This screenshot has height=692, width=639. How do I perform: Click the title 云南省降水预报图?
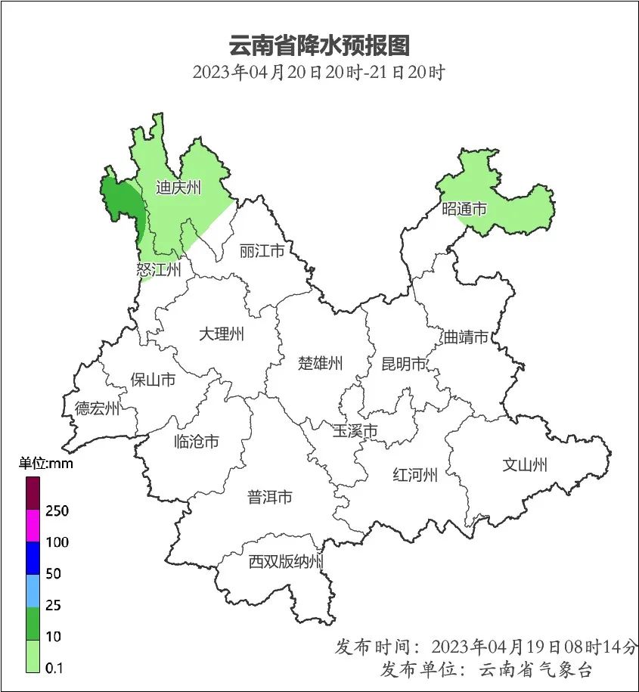(318, 45)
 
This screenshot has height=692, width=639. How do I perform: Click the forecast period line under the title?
(318, 73)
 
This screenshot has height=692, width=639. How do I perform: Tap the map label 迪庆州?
(178, 188)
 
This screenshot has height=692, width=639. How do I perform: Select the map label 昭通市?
(464, 209)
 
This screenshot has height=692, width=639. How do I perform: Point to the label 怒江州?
(159, 270)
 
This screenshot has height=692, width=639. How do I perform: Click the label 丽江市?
(262, 250)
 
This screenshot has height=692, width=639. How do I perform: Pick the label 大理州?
(222, 334)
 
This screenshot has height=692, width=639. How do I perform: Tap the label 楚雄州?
(320, 363)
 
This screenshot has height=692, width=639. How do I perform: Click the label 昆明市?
(404, 365)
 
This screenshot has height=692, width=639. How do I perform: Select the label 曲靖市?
(466, 337)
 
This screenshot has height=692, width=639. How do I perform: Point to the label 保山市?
(153, 380)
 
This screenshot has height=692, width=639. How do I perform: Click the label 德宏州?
(97, 409)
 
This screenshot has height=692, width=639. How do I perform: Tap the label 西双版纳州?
(287, 562)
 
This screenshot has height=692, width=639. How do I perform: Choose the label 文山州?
(525, 465)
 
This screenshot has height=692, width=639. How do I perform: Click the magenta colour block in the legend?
(33, 526)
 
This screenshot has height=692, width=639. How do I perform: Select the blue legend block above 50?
(33, 558)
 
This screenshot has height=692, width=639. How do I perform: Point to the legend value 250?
(57, 511)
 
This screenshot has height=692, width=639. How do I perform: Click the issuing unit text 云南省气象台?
(536, 670)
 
